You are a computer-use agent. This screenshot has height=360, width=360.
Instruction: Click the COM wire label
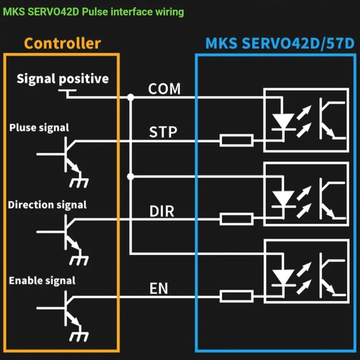pos(164,89)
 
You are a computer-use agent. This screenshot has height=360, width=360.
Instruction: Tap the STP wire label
pos(163,132)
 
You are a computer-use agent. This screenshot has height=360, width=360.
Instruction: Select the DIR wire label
pos(161,211)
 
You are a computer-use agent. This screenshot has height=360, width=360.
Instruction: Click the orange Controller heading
pos(62,43)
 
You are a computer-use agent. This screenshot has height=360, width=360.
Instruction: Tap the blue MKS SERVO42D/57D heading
pos(280,43)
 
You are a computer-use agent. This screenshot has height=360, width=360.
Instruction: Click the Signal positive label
pos(62,79)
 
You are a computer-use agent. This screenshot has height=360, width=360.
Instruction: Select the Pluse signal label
pos(39,127)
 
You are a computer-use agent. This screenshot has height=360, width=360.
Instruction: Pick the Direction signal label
pos(47,204)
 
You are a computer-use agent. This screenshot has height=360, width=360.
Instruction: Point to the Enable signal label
pos(42,281)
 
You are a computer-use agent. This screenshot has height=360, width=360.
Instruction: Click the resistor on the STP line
pos(236,140)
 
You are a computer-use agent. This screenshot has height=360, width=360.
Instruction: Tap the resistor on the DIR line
pos(236,218)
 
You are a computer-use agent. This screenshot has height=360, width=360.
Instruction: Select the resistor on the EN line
pos(236,296)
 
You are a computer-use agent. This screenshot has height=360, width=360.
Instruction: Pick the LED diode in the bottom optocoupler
pos(283,277)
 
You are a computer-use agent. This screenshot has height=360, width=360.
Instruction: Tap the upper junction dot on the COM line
pos(131,97)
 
